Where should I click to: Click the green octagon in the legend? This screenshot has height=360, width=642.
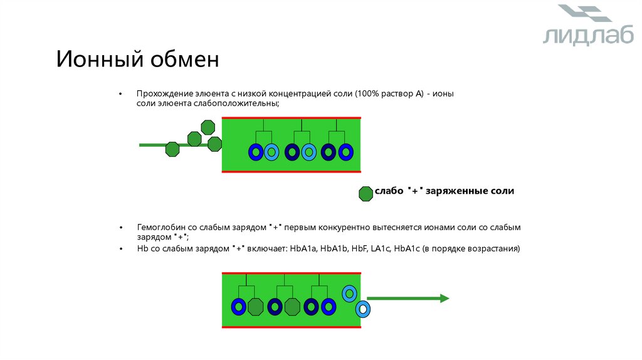pyautogui.click(x=366, y=194)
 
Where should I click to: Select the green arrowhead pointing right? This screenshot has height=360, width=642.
pyautogui.click(x=444, y=299)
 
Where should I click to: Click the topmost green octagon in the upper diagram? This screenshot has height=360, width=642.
pyautogui.click(x=208, y=127)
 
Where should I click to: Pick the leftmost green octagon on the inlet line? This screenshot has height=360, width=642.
pyautogui.click(x=172, y=149)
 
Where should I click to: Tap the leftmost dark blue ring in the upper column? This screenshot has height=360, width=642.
pyautogui.click(x=256, y=152)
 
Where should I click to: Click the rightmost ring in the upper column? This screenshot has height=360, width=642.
pyautogui.click(x=345, y=152)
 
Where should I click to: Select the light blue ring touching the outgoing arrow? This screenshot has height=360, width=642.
pyautogui.click(x=362, y=309)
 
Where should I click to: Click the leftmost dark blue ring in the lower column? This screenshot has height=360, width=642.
pyautogui.click(x=238, y=307)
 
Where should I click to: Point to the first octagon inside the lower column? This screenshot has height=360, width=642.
pyautogui.click(x=255, y=307)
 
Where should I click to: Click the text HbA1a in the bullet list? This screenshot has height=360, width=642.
pyautogui.click(x=303, y=249)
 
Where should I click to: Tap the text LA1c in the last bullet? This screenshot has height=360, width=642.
pyautogui.click(x=382, y=249)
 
